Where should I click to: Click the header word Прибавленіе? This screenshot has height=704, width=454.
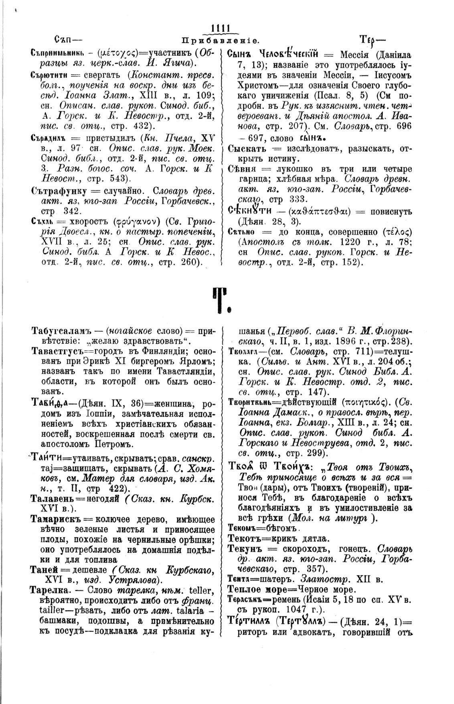[x=220, y=41]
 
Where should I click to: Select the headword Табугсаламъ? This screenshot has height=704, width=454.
[x=62, y=332]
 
